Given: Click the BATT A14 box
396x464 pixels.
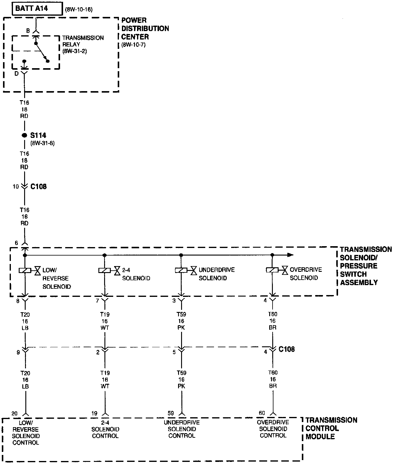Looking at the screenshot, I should pyautogui.click(x=36, y=9).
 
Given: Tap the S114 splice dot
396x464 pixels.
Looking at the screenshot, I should pyautogui.click(x=24, y=135).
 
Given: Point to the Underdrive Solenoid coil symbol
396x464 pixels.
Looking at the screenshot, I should pyautogui.click(x=181, y=270).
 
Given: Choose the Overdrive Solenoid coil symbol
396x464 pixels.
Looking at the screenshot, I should pyautogui.click(x=272, y=270).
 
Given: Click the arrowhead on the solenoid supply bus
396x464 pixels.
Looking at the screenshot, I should pyautogui.click(x=290, y=255).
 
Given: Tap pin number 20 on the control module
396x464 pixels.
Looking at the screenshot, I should pyautogui.click(x=14, y=413).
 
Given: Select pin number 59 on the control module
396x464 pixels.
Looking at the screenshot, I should pyautogui.click(x=171, y=413).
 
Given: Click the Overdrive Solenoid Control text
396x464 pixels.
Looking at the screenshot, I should pyautogui.click(x=273, y=429).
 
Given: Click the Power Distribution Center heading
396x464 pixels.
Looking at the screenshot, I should pyautogui.click(x=145, y=29).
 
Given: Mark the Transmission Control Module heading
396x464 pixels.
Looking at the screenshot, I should pyautogui.click(x=331, y=428).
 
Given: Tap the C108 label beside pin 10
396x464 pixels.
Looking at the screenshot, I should pyautogui.click(x=39, y=187).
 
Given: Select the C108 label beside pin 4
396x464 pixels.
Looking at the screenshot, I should pyautogui.click(x=287, y=349).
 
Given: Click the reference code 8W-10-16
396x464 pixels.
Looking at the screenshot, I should pyautogui.click(x=79, y=10).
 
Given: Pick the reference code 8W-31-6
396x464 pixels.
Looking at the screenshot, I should pyautogui.click(x=43, y=143).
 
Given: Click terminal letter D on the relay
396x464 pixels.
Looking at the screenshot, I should pyautogui.click(x=17, y=74).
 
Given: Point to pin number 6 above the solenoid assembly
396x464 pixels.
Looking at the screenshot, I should pyautogui.click(x=16, y=243).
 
